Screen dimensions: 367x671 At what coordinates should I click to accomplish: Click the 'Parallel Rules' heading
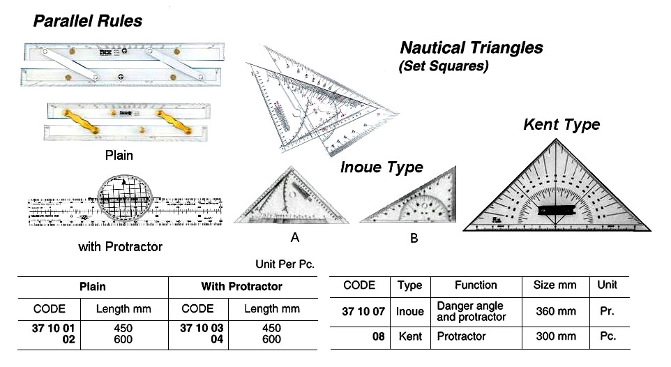87,22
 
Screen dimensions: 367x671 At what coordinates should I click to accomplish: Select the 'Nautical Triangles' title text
471,48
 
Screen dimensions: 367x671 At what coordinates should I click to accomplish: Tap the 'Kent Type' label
561,125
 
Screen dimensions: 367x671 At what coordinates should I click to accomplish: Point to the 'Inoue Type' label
382,167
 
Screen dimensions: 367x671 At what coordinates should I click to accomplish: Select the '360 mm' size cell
555,311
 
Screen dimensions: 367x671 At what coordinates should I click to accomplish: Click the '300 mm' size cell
555,336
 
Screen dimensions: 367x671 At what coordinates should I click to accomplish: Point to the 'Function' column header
476,285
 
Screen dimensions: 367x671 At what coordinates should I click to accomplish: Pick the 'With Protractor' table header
241,287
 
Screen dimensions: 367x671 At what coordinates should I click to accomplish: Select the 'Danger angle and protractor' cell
470,311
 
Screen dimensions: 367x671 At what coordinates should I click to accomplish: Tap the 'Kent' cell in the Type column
410,336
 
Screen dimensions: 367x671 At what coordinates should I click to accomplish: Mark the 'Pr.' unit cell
607,311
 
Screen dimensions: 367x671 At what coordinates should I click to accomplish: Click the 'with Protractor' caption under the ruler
120,246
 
